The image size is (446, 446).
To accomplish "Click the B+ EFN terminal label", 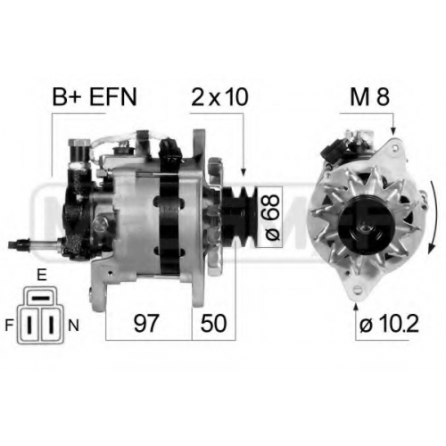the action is pyautogui.click(x=95, y=97).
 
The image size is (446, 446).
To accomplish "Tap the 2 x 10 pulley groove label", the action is pyautogui.click(x=219, y=97).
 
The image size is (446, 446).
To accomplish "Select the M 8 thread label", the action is pyautogui.click(x=369, y=97).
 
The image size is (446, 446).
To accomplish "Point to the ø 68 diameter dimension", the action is pyautogui.click(x=272, y=217).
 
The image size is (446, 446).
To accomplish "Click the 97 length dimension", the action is pyautogui.click(x=145, y=323).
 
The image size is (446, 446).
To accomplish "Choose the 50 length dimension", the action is pyautogui.click(x=213, y=323).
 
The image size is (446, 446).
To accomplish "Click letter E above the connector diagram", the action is pyautogui.click(x=42, y=276).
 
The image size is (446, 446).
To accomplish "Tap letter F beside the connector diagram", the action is pyautogui.click(x=9, y=326).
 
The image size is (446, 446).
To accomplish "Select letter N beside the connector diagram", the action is pyautogui.click(x=74, y=326).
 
